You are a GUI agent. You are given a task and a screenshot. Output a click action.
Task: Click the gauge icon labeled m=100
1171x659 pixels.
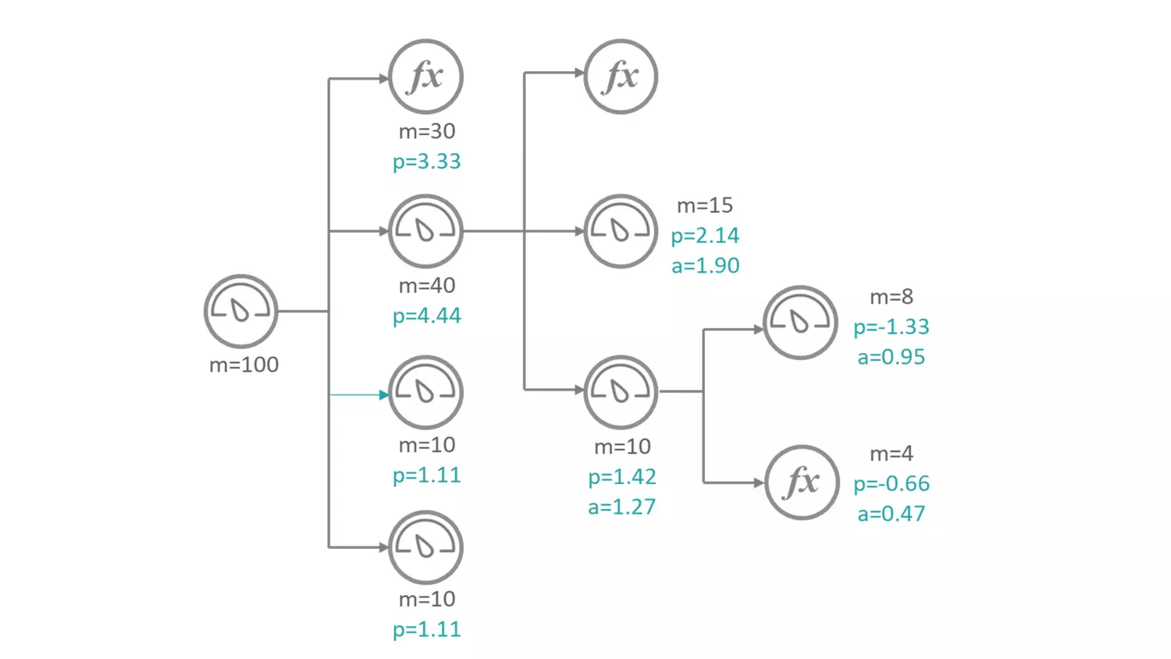pyautogui.click(x=240, y=311)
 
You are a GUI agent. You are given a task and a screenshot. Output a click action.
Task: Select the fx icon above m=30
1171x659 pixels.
pyautogui.click(x=426, y=77)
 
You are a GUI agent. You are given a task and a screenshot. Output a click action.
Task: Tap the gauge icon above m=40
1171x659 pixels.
pyautogui.click(x=426, y=231)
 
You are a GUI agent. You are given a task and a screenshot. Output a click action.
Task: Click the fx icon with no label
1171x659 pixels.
pyautogui.click(x=621, y=77)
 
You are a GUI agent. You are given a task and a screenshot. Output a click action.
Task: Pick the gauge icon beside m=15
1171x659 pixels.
pyautogui.click(x=621, y=231)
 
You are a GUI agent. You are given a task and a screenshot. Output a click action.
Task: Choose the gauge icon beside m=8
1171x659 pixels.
pyautogui.click(x=800, y=322)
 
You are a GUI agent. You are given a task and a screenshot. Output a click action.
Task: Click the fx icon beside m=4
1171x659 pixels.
pyautogui.click(x=802, y=483)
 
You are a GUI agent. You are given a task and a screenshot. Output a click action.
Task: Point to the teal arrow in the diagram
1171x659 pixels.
pyautogui.click(x=359, y=395)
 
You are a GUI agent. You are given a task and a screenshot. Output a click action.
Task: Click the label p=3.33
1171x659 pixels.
pyautogui.click(x=426, y=162)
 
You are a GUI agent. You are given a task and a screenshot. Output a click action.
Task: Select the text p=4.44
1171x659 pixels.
pyautogui.click(x=426, y=315)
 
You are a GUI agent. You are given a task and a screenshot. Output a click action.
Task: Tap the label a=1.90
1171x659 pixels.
pyautogui.click(x=705, y=265)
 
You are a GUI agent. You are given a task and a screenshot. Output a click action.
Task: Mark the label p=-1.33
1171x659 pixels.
pyautogui.click(x=891, y=326)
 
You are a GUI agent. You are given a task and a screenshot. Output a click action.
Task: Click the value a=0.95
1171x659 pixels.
pyautogui.click(x=891, y=357)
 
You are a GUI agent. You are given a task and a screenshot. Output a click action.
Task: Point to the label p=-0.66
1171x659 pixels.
pyautogui.click(x=891, y=483)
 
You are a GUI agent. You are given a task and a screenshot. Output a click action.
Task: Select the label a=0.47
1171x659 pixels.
pyautogui.click(x=891, y=514)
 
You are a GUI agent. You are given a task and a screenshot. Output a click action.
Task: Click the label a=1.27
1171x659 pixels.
pyautogui.click(x=621, y=507)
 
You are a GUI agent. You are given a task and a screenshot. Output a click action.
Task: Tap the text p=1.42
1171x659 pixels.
pyautogui.click(x=621, y=476)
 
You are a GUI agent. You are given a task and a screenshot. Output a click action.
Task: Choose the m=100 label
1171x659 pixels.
pyautogui.click(x=244, y=365)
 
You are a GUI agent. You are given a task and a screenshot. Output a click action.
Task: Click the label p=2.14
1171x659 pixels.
pyautogui.click(x=705, y=235)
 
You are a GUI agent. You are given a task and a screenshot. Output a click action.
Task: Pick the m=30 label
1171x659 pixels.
pyautogui.click(x=426, y=131)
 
